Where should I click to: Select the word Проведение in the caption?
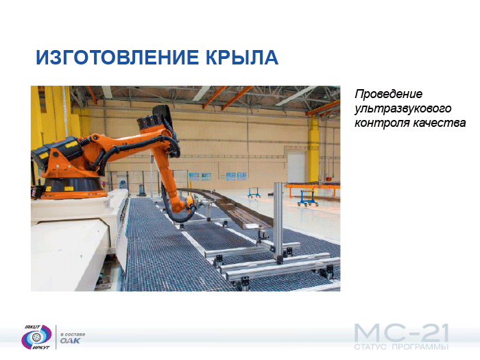(x=389, y=94)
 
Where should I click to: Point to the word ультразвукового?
(x=403, y=108)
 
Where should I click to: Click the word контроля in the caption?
(x=381, y=123)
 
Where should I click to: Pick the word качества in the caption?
(x=440, y=123)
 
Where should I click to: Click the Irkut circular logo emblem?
(x=36, y=337)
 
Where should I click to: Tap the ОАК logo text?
(x=70, y=340)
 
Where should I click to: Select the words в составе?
(x=73, y=334)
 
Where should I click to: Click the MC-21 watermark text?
(x=402, y=333)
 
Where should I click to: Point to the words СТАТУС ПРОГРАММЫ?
(x=401, y=347)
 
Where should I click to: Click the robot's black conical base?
(x=72, y=184)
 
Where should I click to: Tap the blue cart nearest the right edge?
(x=307, y=197)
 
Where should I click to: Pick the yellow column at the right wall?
(x=313, y=150)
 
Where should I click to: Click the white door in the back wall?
(x=296, y=167)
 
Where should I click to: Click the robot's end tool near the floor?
(x=191, y=204)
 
